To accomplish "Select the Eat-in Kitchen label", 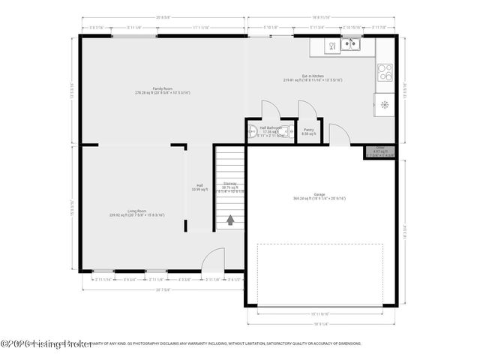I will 313,76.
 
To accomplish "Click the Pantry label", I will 308,130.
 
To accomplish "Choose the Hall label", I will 199,186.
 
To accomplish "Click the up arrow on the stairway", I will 231,220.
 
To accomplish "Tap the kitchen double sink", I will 349,46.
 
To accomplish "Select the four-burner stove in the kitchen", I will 385,73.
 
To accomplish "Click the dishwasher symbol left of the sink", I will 331,46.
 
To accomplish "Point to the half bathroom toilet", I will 253,133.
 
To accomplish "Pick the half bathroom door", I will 269,109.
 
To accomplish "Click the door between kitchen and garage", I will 338,135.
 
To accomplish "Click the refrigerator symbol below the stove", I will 385,103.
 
